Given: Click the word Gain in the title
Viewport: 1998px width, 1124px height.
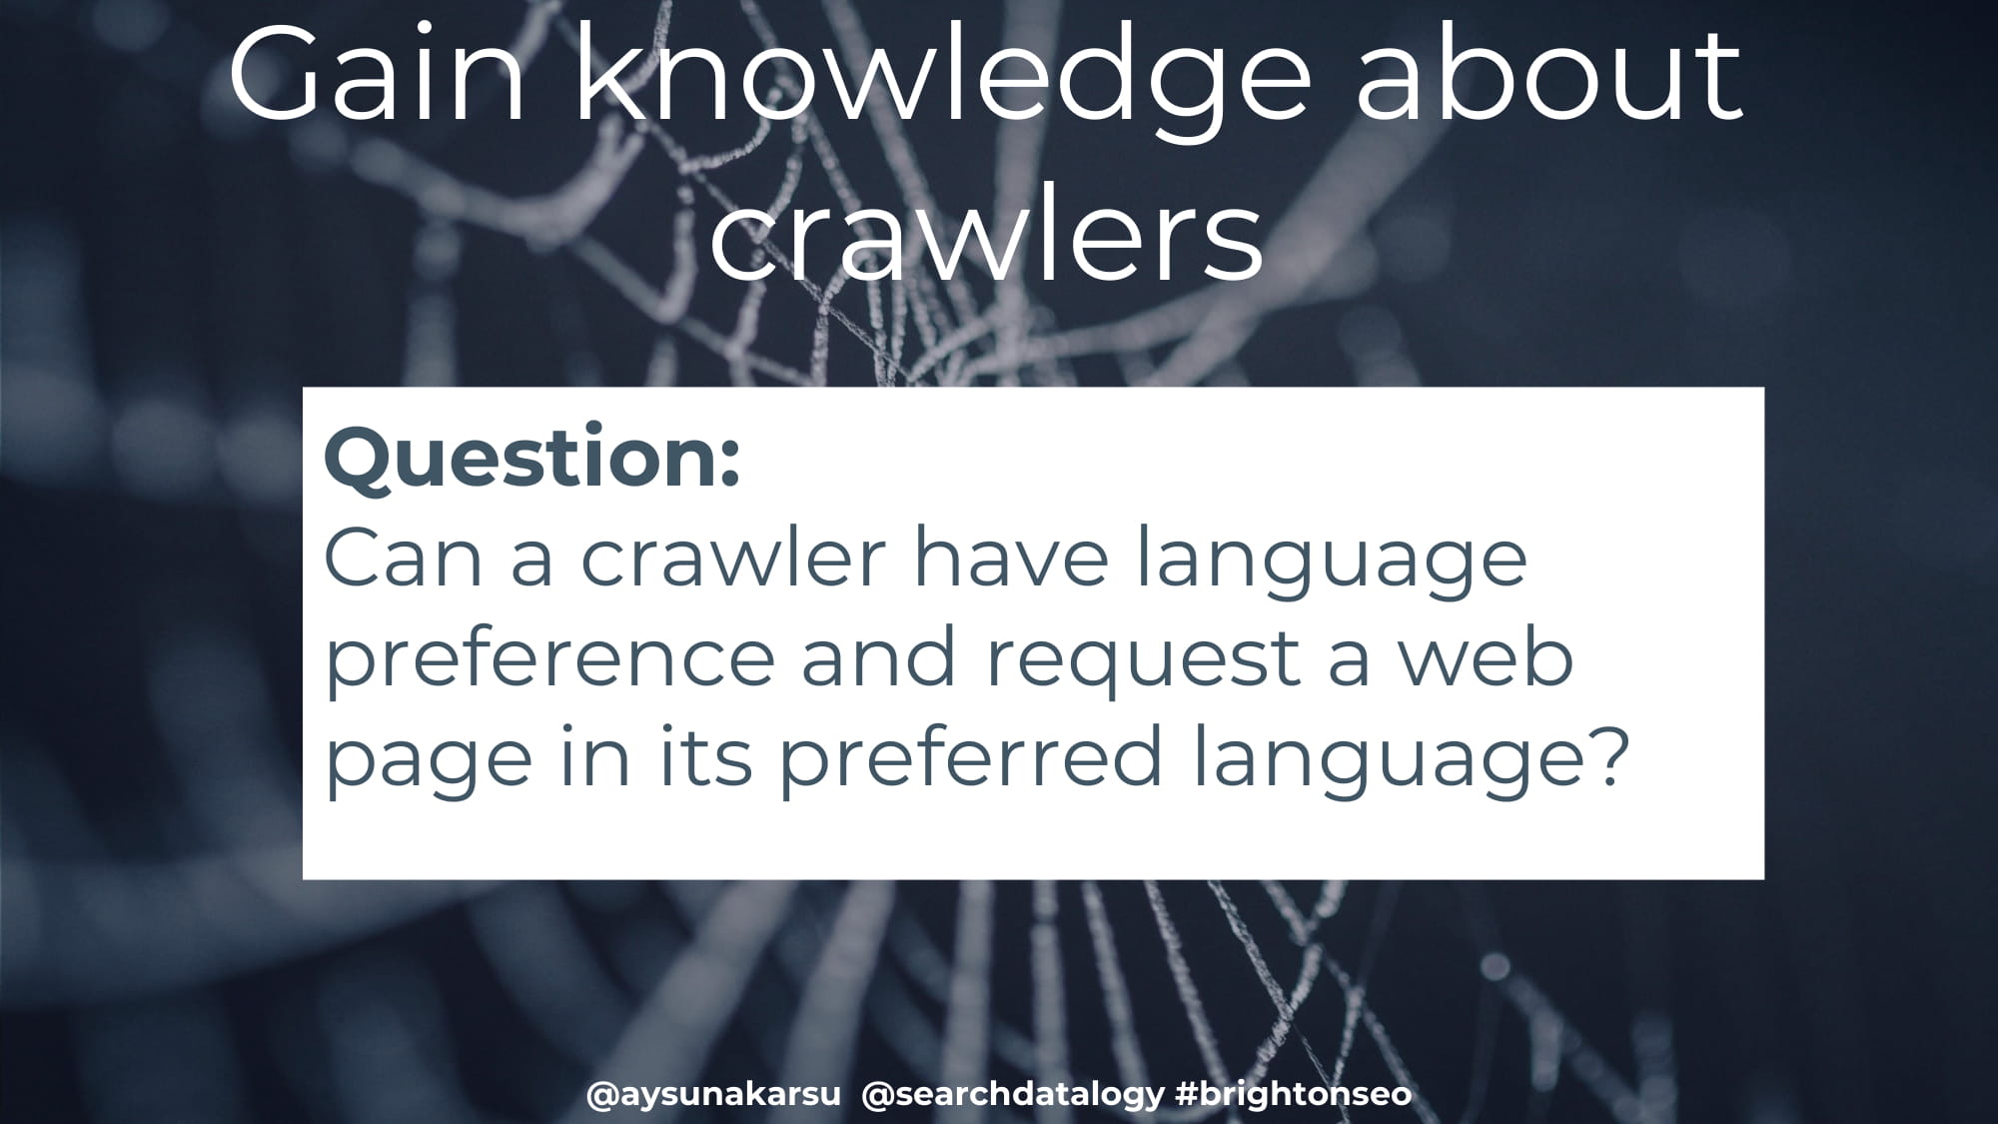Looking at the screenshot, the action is click(377, 75).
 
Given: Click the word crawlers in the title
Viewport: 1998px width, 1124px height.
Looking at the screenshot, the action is click(986, 231).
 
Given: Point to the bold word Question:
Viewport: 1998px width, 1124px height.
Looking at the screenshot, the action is click(532, 458).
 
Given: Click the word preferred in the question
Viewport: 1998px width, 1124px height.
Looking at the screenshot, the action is click(972, 757).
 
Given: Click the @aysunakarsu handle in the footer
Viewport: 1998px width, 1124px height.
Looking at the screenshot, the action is click(713, 1094).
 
